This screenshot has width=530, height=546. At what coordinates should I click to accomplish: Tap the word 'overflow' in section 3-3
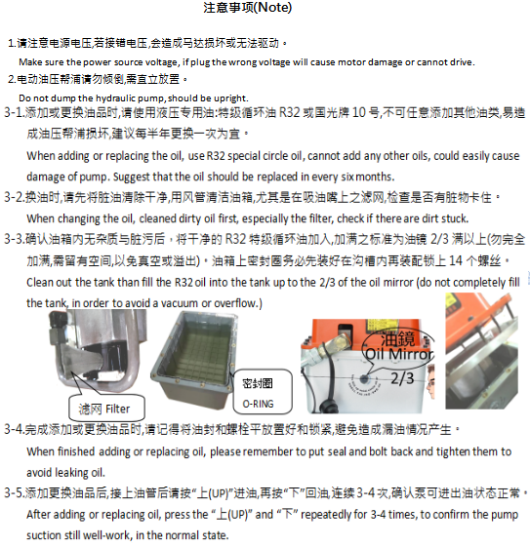coord(235,303)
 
